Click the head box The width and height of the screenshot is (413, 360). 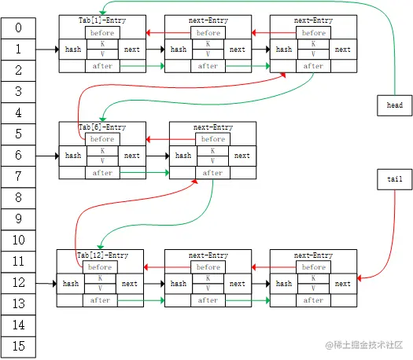point(394,105)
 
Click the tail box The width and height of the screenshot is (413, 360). point(394,179)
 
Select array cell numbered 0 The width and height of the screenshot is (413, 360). point(19,28)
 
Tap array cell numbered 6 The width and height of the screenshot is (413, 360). point(19,156)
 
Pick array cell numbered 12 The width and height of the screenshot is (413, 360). point(19,283)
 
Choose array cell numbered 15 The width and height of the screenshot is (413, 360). point(19,346)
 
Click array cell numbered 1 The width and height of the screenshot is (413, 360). point(19,50)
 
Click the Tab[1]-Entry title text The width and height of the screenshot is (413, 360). point(102,19)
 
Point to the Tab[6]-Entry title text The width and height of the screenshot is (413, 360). point(102,127)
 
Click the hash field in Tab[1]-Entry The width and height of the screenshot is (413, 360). point(73,50)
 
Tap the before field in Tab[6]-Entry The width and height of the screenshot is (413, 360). point(102,139)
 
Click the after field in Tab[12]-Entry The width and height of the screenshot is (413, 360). point(100,300)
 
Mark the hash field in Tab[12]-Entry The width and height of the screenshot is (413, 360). point(71,284)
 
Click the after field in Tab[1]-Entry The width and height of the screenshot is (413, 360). point(102,67)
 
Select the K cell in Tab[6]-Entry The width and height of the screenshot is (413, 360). point(102,151)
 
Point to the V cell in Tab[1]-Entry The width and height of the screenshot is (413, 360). point(102,54)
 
